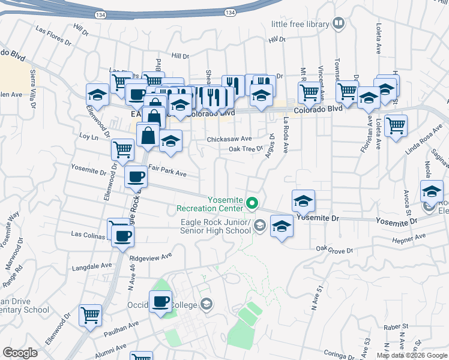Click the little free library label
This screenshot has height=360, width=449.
click(x=300, y=24)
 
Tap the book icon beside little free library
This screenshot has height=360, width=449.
click(x=339, y=24)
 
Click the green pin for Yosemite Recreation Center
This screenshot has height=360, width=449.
click(x=253, y=204)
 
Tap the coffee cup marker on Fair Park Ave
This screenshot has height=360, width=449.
click(x=134, y=177)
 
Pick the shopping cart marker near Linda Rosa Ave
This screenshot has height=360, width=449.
click(x=395, y=127)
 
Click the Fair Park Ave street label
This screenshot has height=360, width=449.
click(x=167, y=173)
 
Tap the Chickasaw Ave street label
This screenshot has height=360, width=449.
click(x=229, y=139)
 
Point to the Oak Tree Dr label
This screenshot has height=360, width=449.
click(x=246, y=148)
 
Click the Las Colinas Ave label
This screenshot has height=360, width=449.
click(x=89, y=233)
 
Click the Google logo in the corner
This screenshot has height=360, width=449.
click(x=20, y=353)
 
